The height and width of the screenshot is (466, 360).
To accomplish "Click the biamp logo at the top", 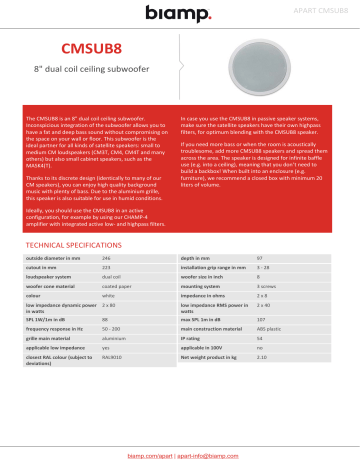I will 179,12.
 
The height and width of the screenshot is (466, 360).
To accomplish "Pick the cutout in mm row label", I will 45,267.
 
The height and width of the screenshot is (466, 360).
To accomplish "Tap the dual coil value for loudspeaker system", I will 111,277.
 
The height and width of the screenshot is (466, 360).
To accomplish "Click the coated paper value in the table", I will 114,287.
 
